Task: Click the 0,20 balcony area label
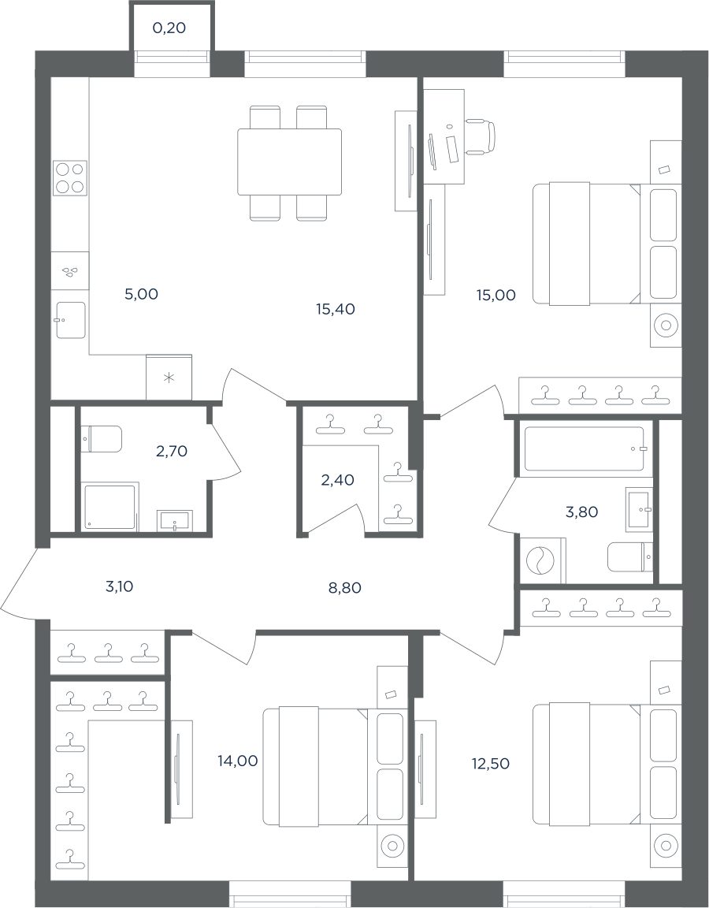coord(169,28)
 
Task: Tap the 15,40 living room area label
coord(336,309)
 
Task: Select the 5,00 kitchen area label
coord(141,294)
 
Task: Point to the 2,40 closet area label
coord(337,479)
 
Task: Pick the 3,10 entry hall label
coord(120,586)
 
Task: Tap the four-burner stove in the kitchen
coord(70,177)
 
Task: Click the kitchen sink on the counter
coord(71,320)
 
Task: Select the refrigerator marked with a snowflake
coord(169,377)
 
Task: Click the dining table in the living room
coord(289,162)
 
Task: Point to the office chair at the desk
coord(481,136)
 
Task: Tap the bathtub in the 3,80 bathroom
coord(585,448)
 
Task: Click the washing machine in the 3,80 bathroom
coord(542,560)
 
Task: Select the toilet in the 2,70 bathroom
coord(102,439)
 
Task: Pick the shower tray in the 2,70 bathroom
coord(111,508)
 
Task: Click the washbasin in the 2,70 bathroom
coord(176,520)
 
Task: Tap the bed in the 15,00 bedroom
coord(587,244)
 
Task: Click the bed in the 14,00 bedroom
coord(316,766)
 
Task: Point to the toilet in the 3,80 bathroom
coord(630,556)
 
